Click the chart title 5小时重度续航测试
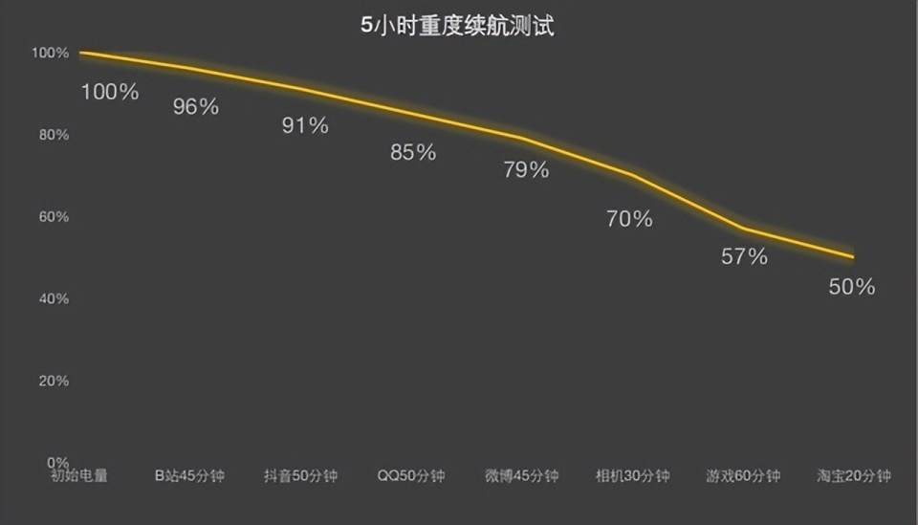(x=457, y=27)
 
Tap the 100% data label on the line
(x=110, y=93)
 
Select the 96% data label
(x=196, y=107)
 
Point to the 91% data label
(x=305, y=125)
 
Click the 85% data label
(x=413, y=152)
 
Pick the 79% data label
(x=526, y=170)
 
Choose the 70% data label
(x=629, y=219)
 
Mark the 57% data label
(x=744, y=256)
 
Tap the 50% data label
(x=852, y=286)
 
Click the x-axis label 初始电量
(x=79, y=475)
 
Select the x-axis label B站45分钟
(x=189, y=475)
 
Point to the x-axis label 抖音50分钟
(x=300, y=475)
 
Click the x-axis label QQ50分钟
(x=410, y=475)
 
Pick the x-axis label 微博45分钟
(x=521, y=475)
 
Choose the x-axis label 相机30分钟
(x=632, y=475)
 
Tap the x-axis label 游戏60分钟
(x=743, y=475)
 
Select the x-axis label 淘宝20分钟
(x=854, y=475)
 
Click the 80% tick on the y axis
(x=54, y=135)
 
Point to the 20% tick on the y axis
(x=54, y=381)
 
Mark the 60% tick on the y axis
(x=54, y=217)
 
